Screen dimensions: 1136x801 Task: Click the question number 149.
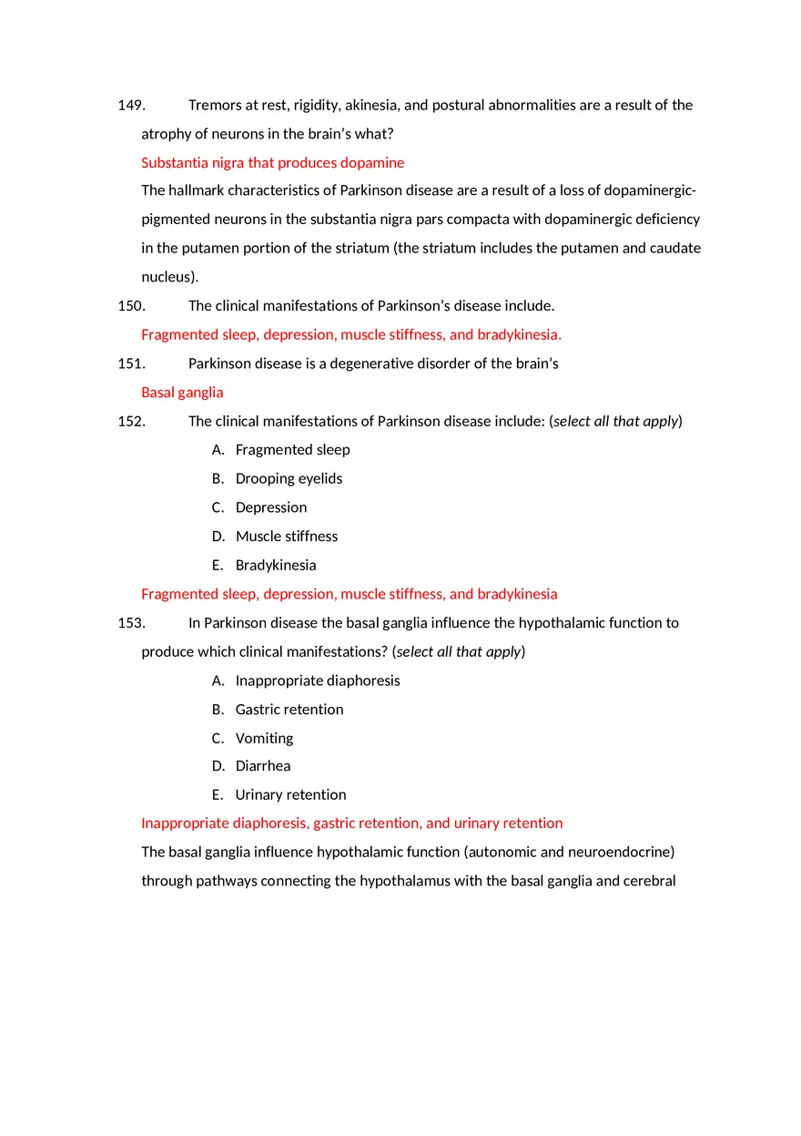131,106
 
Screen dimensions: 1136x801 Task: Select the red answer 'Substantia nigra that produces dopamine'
272,163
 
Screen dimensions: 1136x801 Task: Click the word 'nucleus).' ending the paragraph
169,277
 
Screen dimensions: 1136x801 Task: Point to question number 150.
131,306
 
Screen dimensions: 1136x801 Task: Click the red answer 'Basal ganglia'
182,393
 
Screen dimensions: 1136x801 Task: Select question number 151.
131,364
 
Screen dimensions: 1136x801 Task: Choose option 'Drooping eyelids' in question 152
289,479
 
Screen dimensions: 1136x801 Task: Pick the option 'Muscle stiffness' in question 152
286,537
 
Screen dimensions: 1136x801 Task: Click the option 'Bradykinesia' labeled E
276,566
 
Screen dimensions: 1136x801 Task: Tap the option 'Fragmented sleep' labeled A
292,450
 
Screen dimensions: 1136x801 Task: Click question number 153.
131,623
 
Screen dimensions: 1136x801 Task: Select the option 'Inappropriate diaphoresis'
317,681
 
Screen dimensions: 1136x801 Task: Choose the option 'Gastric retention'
289,710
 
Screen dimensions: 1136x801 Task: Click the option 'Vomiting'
264,739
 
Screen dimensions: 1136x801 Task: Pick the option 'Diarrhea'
263,766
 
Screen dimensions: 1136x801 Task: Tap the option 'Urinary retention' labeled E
290,795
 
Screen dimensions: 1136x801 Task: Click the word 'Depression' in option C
270,507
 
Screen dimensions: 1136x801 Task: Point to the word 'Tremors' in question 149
215,106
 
